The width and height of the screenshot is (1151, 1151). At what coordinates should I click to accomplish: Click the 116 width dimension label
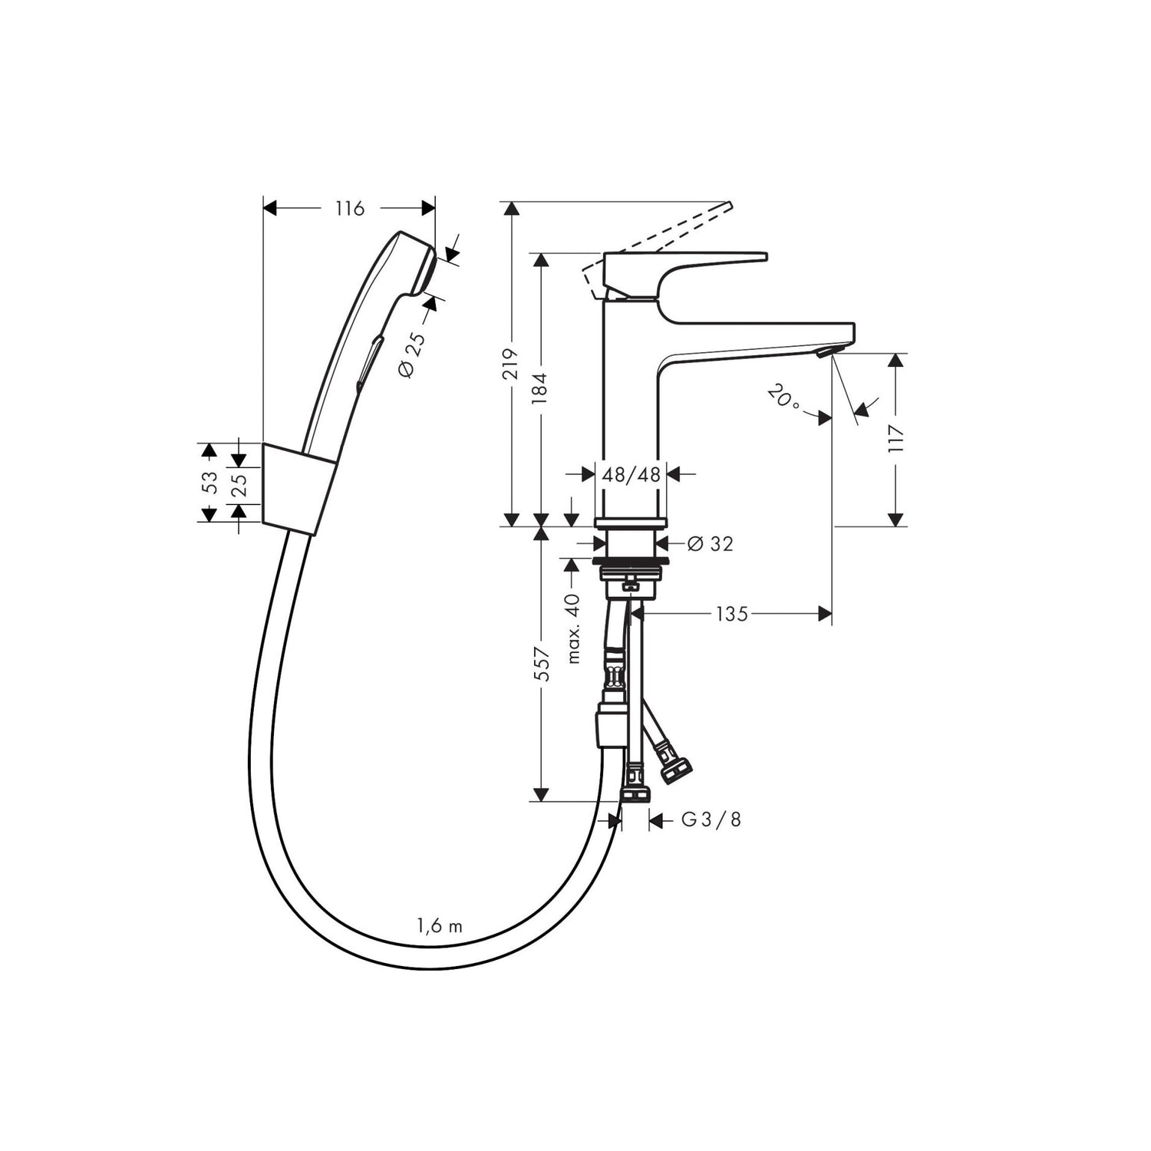coord(350,208)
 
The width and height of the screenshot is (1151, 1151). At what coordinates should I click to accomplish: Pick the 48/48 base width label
coord(632,475)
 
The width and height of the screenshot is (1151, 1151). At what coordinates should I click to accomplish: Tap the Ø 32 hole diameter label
coord(711,543)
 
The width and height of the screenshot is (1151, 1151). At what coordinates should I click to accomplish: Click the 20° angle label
coord(783,397)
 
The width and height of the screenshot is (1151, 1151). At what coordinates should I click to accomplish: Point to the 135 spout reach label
coord(731,613)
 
